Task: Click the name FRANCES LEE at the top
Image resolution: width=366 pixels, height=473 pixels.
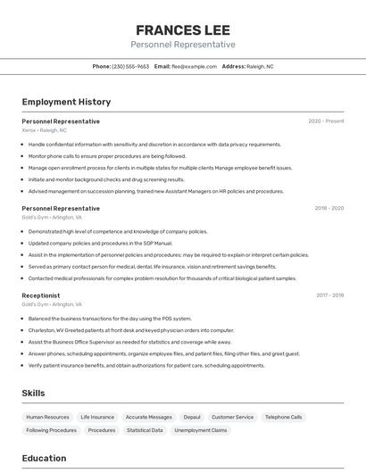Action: tap(182, 29)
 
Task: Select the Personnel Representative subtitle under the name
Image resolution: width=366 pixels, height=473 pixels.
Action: tap(182, 45)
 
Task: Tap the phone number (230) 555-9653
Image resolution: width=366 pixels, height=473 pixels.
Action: tap(130, 66)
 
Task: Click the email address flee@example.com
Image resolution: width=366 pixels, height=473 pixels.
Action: tap(195, 66)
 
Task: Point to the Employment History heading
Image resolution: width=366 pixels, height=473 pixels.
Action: tap(66, 103)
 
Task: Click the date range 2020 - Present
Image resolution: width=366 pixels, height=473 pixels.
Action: tap(326, 121)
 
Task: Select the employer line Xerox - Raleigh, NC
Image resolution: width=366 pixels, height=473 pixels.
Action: tap(45, 130)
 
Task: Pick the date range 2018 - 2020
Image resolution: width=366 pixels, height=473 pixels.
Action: tap(329, 208)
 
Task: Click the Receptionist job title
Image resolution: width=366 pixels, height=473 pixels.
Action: tap(41, 295)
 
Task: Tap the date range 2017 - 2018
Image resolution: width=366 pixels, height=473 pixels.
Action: tap(329, 295)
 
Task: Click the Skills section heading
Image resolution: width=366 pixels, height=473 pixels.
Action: tap(33, 393)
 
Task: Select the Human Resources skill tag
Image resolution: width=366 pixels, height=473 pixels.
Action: tap(47, 417)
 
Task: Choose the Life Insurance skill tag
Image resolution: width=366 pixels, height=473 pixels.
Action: tap(97, 417)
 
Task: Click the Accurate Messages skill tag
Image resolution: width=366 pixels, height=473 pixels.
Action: tap(149, 417)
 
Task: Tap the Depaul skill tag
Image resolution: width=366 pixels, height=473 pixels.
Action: tap(192, 417)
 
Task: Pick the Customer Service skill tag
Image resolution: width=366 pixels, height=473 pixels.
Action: tap(232, 417)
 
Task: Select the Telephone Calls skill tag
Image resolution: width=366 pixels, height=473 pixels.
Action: tap(284, 417)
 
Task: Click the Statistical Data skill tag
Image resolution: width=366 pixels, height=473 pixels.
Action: tap(145, 430)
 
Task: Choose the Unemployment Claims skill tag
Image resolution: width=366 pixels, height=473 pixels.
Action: tap(201, 430)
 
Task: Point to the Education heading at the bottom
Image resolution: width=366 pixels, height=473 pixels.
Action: tap(44, 459)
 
